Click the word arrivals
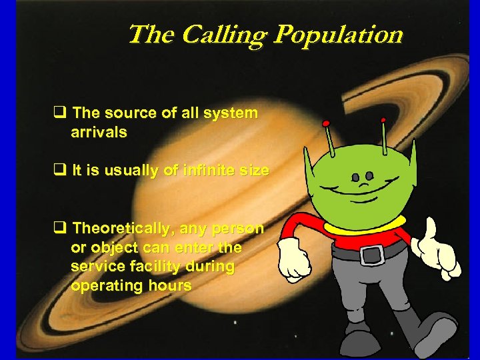click(x=99, y=132)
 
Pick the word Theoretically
click(x=121, y=229)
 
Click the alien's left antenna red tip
click(x=326, y=123)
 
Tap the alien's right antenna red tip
click(x=383, y=121)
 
